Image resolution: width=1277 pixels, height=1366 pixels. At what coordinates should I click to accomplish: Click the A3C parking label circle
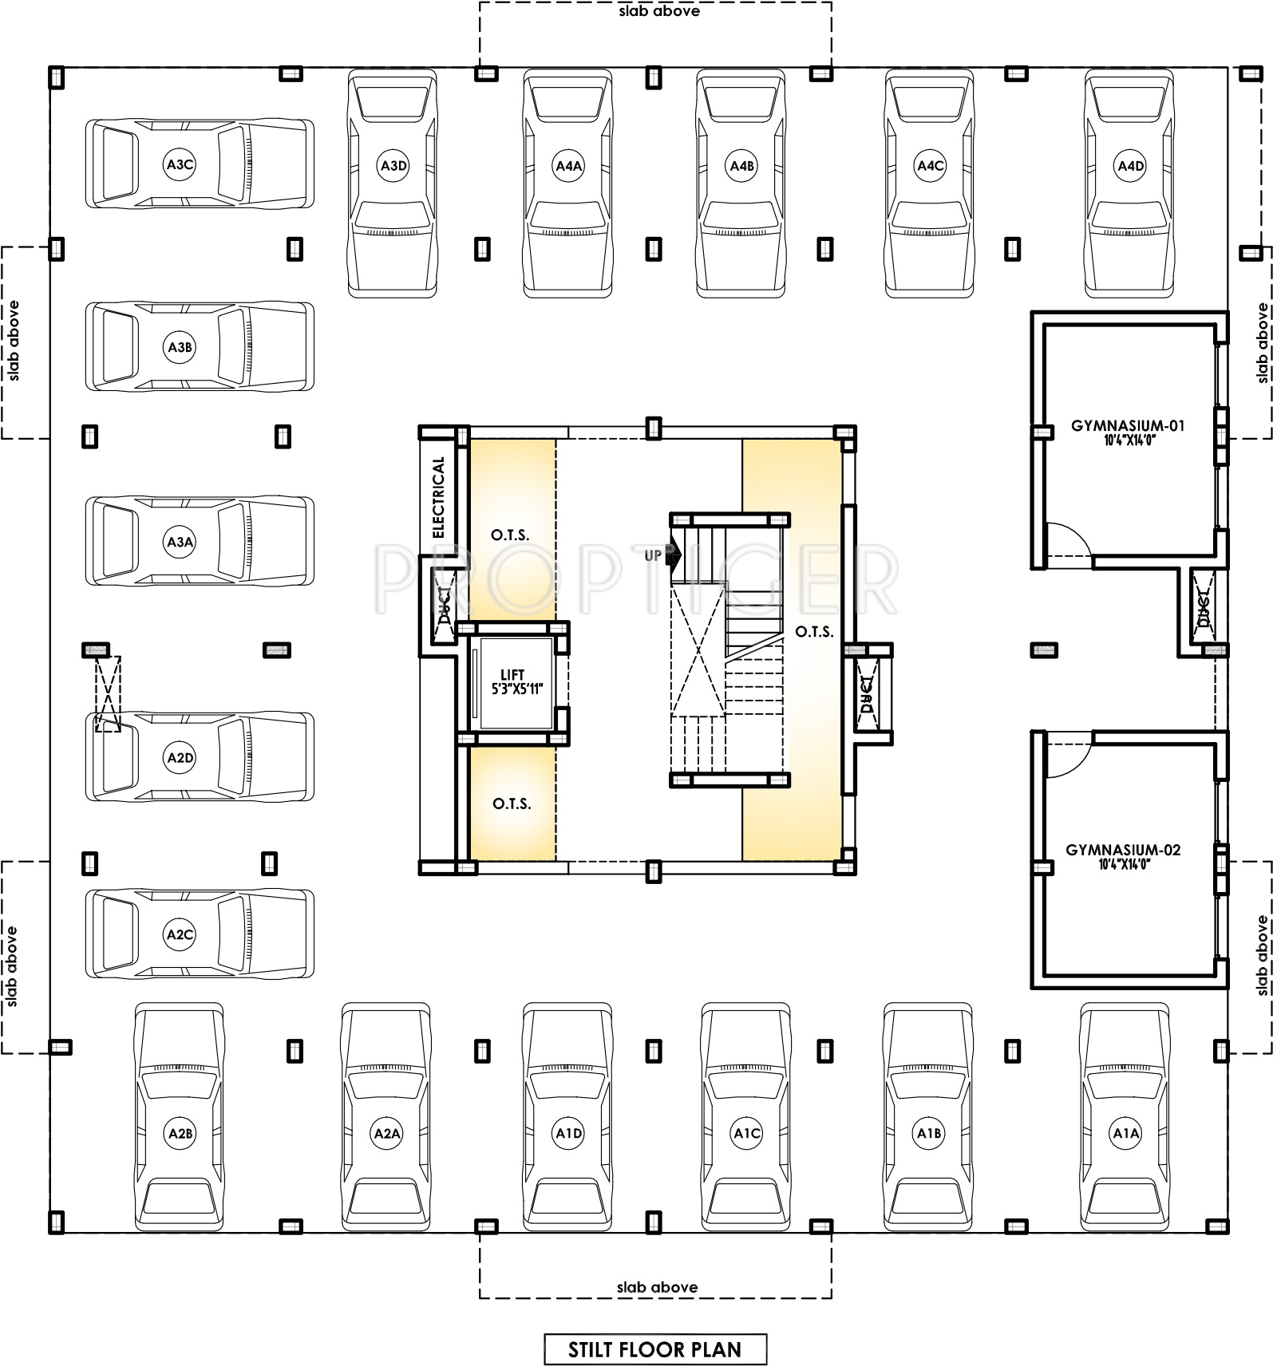tap(180, 164)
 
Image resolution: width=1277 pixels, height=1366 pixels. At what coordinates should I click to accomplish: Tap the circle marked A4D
tap(1130, 166)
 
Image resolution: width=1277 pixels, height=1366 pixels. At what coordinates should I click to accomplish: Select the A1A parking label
tap(1126, 1133)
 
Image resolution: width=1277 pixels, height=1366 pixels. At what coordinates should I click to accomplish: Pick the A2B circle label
tap(180, 1133)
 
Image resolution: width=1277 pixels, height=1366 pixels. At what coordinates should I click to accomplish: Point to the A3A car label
tap(180, 542)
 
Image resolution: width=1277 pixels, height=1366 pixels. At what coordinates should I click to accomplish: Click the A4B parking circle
tap(742, 166)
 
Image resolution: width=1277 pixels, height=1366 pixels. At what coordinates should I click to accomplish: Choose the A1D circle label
tap(568, 1133)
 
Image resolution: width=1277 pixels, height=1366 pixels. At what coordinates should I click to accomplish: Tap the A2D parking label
tap(180, 757)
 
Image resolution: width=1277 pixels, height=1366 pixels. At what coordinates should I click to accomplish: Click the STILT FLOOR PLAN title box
tap(655, 1349)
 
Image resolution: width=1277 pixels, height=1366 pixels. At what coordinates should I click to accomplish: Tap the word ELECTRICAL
tap(438, 496)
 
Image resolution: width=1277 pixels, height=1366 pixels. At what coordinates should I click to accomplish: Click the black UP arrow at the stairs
tap(673, 555)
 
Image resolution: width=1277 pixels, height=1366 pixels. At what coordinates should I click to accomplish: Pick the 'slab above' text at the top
tap(659, 11)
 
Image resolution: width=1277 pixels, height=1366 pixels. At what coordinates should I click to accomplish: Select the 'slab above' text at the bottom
tap(657, 1287)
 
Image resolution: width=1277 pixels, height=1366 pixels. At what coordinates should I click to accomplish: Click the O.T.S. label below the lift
tap(512, 803)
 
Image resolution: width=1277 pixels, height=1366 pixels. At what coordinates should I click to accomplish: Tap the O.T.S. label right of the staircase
tap(814, 632)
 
